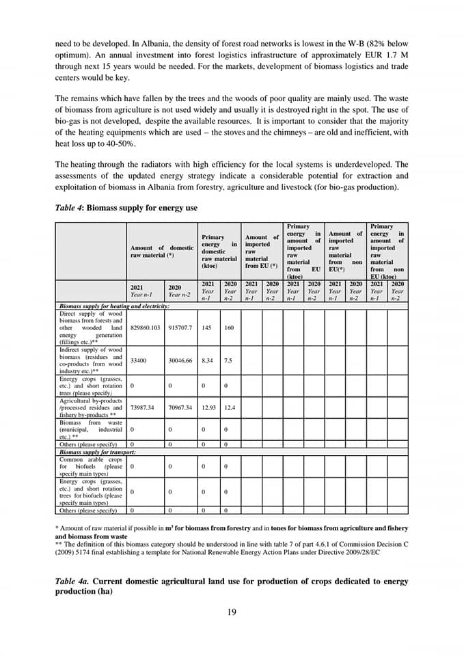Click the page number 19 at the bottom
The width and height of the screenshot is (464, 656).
coord(232,612)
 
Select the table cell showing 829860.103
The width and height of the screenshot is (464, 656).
coord(144,328)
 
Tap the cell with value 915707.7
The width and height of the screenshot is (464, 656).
coord(181,328)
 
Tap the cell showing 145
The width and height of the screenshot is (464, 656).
coord(206,328)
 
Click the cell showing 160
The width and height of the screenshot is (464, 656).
coord(229,328)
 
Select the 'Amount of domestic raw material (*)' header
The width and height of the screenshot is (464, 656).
coord(161,251)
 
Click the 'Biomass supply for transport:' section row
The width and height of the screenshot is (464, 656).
coord(97,452)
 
